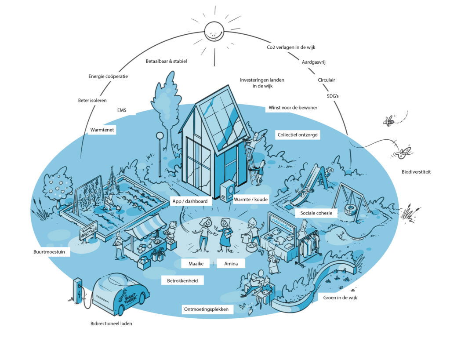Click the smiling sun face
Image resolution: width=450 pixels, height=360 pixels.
point(214,32)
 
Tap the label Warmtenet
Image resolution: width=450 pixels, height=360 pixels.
point(102,130)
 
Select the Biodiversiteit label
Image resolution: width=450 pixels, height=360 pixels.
point(416,172)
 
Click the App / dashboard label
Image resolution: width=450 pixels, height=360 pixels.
point(189,201)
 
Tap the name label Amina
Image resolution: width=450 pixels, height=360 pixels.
point(231,264)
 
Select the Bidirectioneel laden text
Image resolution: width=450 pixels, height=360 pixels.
point(111,324)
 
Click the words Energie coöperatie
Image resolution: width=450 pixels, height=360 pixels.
point(108,76)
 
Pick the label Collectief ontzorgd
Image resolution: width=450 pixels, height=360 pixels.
point(298,135)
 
